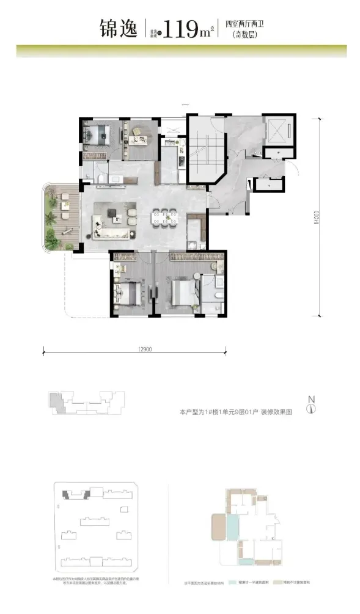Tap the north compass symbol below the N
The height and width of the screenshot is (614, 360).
click(311, 409)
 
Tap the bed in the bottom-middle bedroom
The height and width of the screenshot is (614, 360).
click(182, 290)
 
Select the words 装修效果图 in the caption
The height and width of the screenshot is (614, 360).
click(276, 412)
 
